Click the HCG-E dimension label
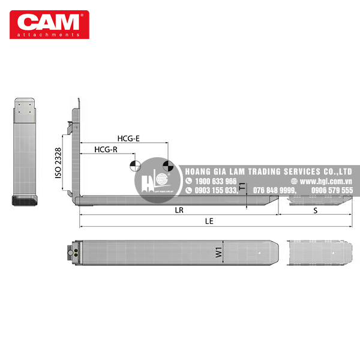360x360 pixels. (128, 139)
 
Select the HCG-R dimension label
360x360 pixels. (105, 149)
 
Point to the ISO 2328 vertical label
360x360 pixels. (58, 162)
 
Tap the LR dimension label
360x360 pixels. (178, 211)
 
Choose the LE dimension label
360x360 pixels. (209, 221)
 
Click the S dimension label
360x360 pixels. (316, 211)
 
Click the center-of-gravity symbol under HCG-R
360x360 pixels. (136, 165)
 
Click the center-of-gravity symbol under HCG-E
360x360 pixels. (168, 165)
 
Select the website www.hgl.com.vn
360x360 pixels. (326, 181)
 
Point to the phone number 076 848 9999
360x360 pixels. (275, 190)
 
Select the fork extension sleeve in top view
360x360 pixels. (319, 254)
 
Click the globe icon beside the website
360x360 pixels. (294, 181)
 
